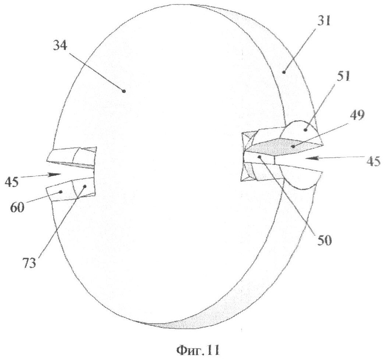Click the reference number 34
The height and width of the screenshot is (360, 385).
tap(60, 46)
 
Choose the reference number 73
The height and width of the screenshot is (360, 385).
tap(29, 263)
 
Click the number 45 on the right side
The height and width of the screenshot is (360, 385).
tap(373, 163)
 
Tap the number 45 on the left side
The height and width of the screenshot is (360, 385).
tap(11, 182)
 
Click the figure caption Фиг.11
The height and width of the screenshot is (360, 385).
tap(198, 350)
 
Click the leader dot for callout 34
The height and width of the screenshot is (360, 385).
tap(124, 91)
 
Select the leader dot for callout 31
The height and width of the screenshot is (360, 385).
tap(284, 72)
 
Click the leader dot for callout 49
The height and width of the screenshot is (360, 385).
tap(293, 147)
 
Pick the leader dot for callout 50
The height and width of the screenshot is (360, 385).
tap(260, 156)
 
